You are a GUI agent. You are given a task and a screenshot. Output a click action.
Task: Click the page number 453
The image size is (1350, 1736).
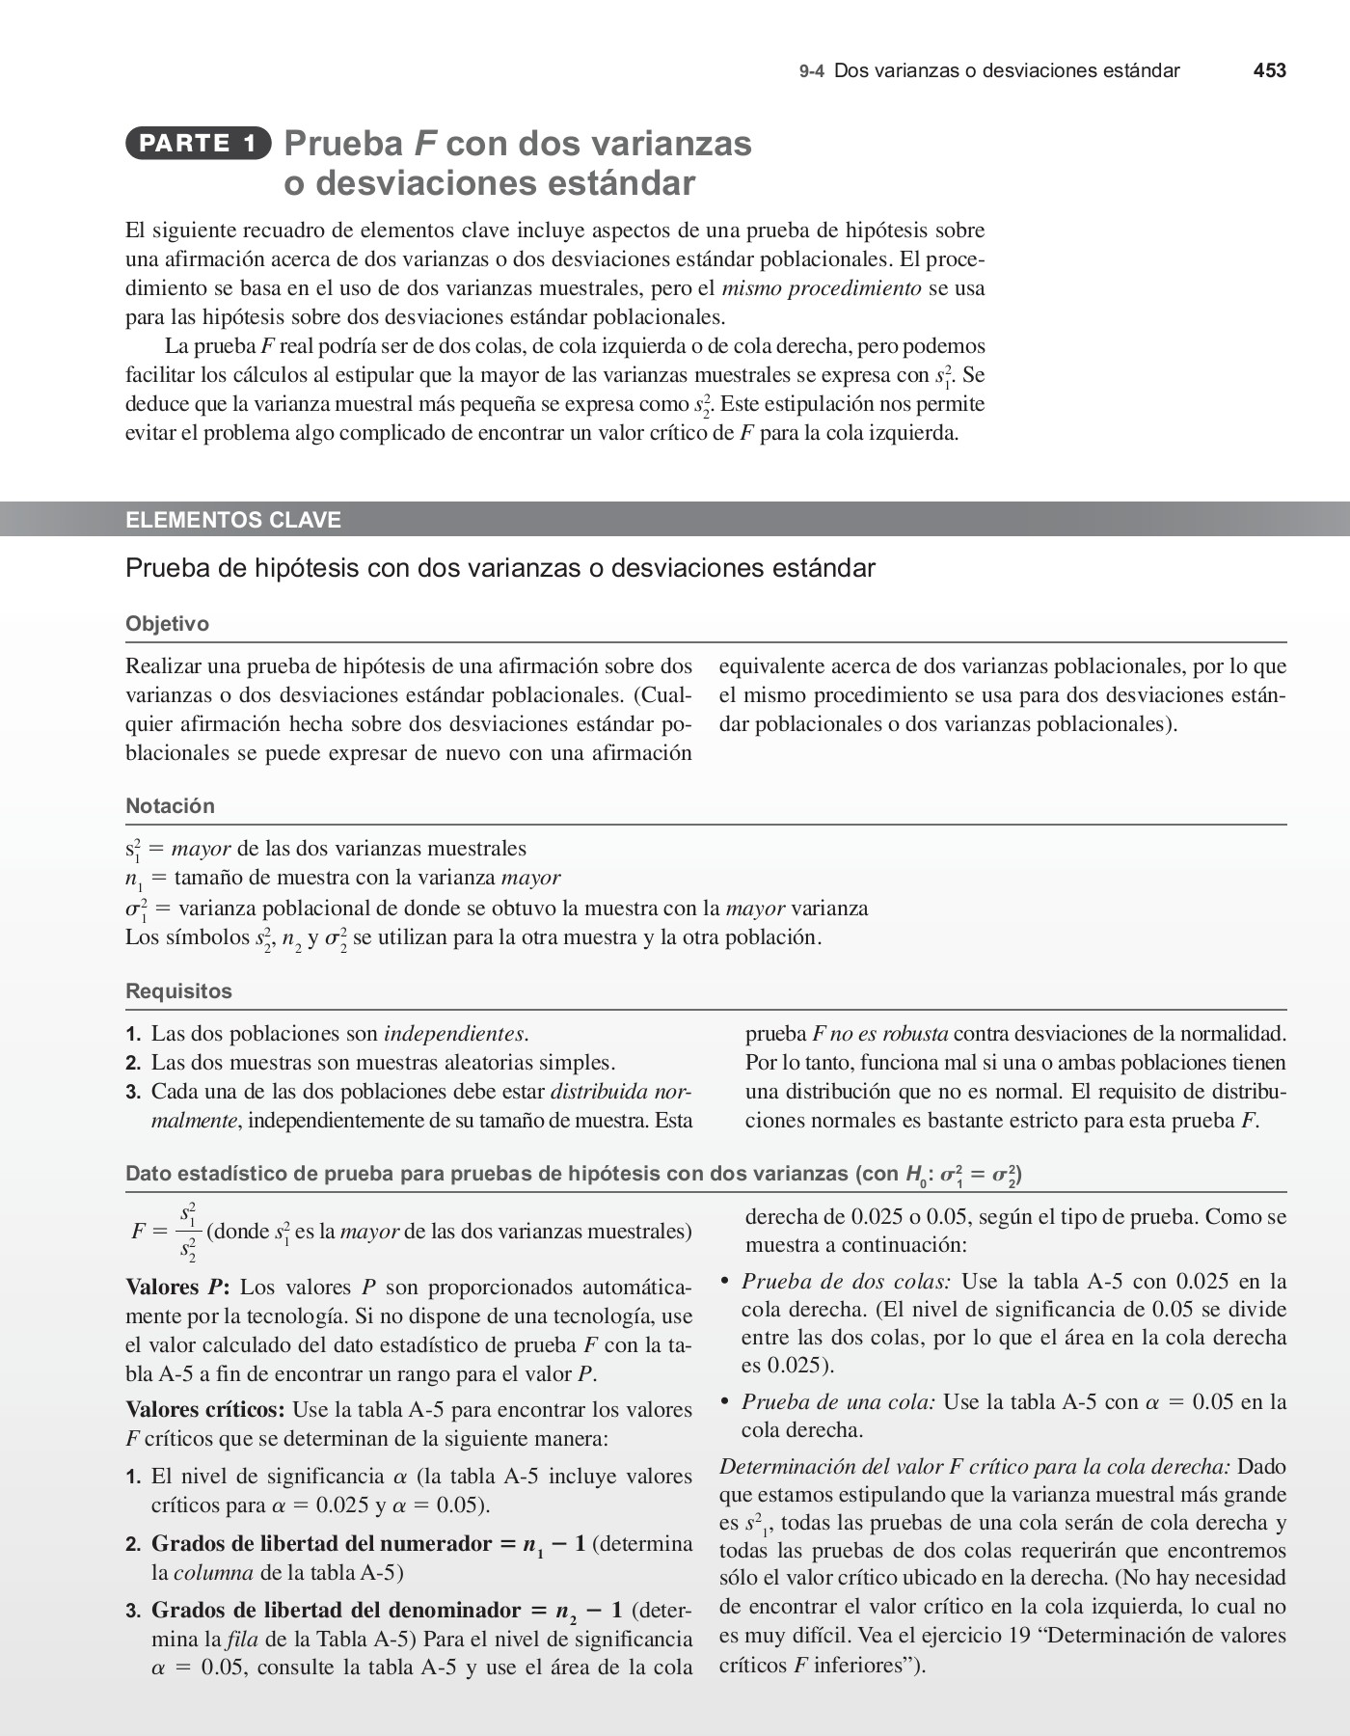pos(1269,70)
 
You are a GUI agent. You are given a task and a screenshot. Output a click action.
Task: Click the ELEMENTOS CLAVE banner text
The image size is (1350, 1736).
pos(233,520)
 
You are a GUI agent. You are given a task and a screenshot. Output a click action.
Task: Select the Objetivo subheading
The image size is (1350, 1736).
pos(167,624)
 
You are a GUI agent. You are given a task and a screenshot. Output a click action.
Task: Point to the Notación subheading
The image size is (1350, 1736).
pos(170,806)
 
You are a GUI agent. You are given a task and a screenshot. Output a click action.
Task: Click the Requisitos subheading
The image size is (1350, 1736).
pos(178,991)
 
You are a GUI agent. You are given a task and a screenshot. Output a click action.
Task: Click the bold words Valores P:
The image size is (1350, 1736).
pos(177,1288)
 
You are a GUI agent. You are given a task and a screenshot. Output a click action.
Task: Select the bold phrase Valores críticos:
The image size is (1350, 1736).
pos(204,1410)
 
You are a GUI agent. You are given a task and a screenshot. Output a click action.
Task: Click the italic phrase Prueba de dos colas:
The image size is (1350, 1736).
pos(846,1282)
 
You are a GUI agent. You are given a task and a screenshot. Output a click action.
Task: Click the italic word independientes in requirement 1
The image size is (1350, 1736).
pos(454,1034)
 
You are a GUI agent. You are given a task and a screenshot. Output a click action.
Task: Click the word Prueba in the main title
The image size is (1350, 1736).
pos(343,144)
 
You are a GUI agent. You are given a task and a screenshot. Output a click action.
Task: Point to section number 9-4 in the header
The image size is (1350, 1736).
pos(811,71)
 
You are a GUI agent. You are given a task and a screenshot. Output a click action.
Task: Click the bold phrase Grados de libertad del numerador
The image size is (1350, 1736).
pos(321,1544)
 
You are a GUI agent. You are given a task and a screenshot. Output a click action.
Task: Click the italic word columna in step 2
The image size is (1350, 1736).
pos(213,1573)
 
